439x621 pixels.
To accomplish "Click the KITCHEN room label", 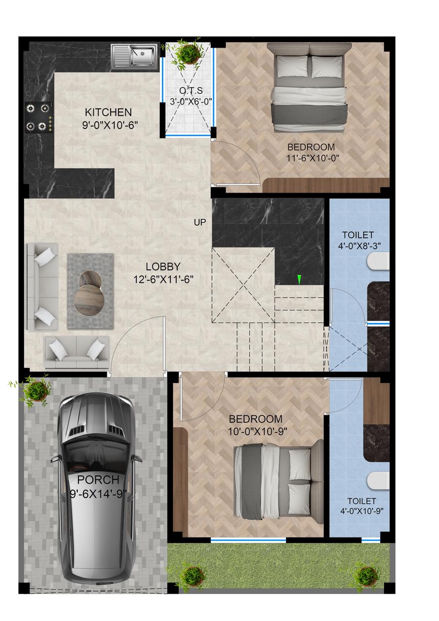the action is pyautogui.click(x=108, y=112).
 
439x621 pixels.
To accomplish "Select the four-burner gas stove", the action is pyautogui.click(x=39, y=117).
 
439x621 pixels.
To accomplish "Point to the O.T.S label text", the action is pyautogui.click(x=191, y=91).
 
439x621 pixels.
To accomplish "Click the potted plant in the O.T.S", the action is pyautogui.click(x=187, y=53).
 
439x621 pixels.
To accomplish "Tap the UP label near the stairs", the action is pyautogui.click(x=200, y=222).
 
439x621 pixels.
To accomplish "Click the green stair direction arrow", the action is pyautogui.click(x=299, y=279).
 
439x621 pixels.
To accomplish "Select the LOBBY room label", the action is pyautogui.click(x=163, y=266).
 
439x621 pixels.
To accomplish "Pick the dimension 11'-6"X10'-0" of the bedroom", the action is pyautogui.click(x=313, y=158).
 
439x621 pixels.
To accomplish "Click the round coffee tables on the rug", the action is pyautogui.click(x=89, y=293).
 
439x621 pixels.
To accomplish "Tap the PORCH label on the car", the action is pyautogui.click(x=98, y=479).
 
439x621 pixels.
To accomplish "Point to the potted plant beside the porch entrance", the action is pyautogui.click(x=35, y=391).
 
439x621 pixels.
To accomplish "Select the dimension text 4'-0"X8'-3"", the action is pyautogui.click(x=359, y=246).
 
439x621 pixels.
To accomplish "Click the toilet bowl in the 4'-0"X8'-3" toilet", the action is pyautogui.click(x=378, y=261).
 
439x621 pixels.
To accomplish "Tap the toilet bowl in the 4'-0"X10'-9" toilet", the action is pyautogui.click(x=378, y=481).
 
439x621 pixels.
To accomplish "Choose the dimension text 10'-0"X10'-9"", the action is pyautogui.click(x=257, y=431).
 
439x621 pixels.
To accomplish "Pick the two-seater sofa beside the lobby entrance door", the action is pyautogui.click(x=77, y=352).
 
